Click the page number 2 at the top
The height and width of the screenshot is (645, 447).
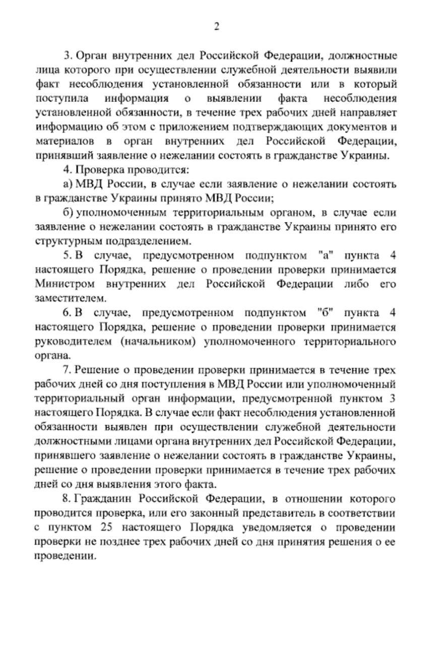coord(217,26)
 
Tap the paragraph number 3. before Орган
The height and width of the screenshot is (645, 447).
coord(69,55)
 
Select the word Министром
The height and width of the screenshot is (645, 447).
coord(62,284)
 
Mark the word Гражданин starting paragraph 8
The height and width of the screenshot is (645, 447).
coord(104,499)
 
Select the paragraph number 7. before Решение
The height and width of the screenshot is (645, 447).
coord(69,370)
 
